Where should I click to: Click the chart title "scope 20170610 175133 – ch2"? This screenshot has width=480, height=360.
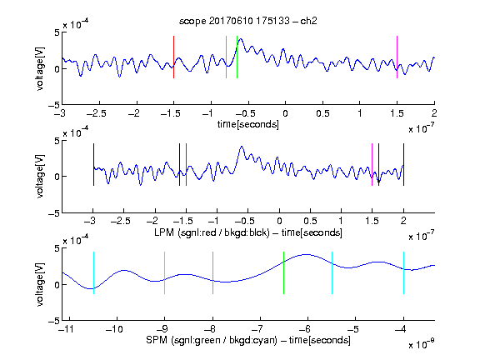pos(248,21)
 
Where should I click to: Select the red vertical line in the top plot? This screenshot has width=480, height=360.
pos(173,57)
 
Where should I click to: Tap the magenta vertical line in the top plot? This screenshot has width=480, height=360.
pos(397,57)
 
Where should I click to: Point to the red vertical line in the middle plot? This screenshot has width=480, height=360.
pos(186,164)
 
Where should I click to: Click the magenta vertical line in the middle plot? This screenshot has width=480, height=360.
pos(372,164)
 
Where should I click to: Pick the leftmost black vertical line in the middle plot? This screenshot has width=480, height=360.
pos(93,164)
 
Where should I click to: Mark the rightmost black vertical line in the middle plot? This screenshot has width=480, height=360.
pos(403,164)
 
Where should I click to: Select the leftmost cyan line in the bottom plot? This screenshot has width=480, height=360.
pos(93,272)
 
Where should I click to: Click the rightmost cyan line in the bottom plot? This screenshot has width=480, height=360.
pos(403,272)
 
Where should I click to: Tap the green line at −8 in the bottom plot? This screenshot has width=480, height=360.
pos(212,272)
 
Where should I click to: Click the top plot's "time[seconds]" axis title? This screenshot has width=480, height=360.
pos(248,124)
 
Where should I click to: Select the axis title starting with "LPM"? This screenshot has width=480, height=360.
pos(248,232)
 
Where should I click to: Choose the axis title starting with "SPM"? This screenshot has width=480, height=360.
pos(248,340)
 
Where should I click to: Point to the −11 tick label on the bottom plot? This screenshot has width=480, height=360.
pos(67,329)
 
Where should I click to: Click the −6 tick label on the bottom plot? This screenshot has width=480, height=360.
pos(305,329)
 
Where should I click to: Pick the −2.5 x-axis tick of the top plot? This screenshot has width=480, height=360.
pos(97,113)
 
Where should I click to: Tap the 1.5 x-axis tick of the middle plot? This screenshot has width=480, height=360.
pos(372,221)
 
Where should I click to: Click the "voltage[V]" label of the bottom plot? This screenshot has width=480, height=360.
pos(40,284)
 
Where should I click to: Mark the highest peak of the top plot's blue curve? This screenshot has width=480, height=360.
pos(241,39)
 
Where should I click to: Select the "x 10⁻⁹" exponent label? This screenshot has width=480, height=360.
pos(421,344)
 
